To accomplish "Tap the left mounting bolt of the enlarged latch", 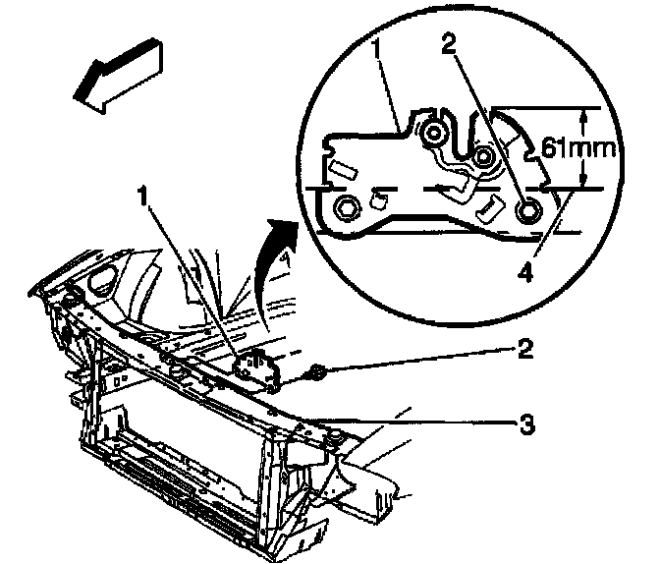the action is (347, 207).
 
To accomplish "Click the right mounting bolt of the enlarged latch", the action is (526, 208).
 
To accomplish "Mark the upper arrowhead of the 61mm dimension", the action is (583, 118).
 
